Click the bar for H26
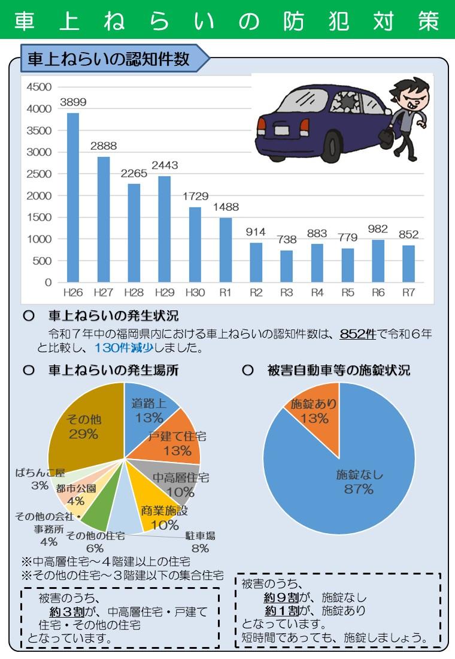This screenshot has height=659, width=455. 72,198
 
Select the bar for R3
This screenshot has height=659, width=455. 286,267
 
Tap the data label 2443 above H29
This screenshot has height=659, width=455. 164,165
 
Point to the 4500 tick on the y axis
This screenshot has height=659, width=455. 40,87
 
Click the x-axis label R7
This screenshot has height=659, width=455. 409,293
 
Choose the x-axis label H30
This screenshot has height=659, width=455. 195,293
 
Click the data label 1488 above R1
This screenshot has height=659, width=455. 226,207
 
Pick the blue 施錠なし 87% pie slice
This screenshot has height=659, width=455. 359,479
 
